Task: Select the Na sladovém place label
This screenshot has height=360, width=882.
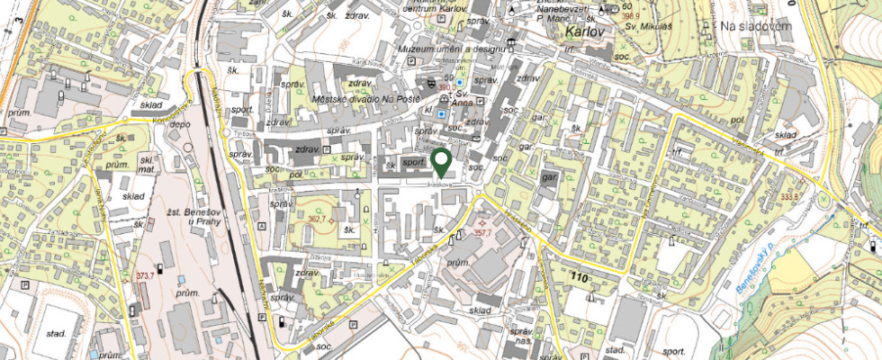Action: (x=754, y=26)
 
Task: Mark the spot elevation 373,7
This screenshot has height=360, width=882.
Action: (x=146, y=275)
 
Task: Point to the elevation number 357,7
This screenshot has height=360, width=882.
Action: (x=482, y=231)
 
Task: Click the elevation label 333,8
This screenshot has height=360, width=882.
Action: (x=765, y=195)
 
